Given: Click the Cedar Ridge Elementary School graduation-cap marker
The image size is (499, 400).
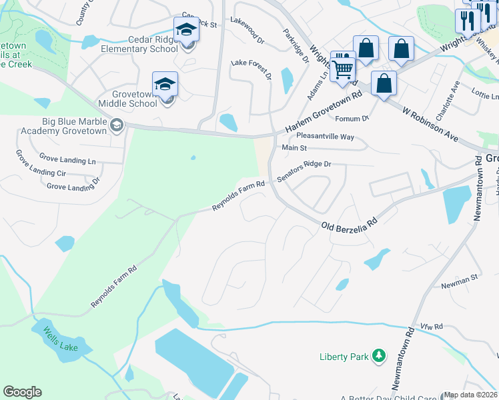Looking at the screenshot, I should [187, 30].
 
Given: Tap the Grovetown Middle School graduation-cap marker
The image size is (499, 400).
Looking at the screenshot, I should [165, 85].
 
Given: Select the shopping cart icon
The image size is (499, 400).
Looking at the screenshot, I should [343, 67].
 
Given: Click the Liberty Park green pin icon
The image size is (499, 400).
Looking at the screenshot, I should [379, 356].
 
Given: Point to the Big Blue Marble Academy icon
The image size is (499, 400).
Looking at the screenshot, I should [117, 125].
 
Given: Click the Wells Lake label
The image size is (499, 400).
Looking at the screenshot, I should [59, 338].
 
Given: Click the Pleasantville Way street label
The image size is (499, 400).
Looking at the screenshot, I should [320, 136].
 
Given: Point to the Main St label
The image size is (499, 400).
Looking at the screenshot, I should [294, 148].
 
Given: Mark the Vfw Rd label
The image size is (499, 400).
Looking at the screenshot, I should [432, 327].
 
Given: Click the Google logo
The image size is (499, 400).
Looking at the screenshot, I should [22, 392].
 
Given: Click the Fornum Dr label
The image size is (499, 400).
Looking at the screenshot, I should [352, 119].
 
